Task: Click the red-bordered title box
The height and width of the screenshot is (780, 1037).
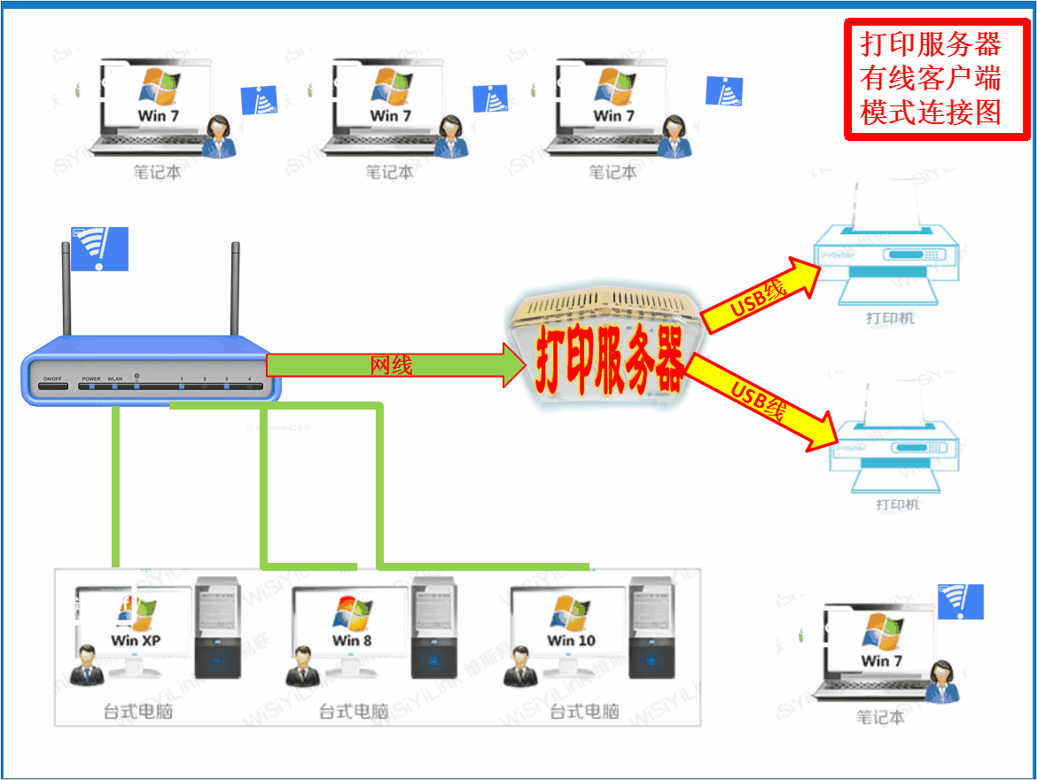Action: point(936,80)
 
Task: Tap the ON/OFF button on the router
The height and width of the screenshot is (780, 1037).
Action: point(52,379)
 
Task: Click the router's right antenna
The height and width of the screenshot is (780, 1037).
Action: point(236,288)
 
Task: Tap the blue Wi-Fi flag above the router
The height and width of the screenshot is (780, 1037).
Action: point(99,248)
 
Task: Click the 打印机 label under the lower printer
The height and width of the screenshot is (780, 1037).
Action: point(898,504)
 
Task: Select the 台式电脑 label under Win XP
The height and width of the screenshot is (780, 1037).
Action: point(137,711)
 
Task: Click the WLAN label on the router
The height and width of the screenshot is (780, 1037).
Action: point(115,379)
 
